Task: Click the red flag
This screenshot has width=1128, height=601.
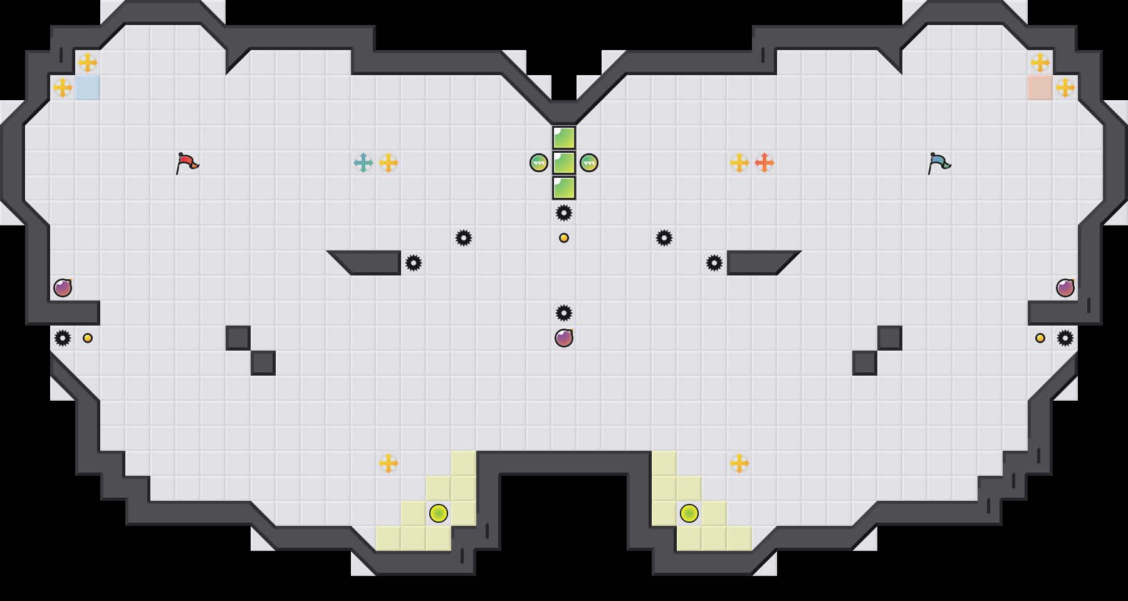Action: pos(187,163)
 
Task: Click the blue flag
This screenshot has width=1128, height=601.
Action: pos(939,163)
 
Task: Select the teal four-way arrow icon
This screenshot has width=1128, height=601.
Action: pos(363,163)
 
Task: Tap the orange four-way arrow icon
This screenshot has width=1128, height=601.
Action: pos(765,163)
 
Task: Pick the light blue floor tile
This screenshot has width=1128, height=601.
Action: pos(88,88)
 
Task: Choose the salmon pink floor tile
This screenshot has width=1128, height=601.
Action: pos(1040,88)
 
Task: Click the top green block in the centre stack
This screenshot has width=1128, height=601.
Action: pos(564,138)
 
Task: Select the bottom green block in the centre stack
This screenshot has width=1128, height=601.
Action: pos(564,188)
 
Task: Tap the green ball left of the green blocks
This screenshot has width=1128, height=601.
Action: pos(539,163)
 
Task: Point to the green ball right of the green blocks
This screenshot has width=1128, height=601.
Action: pos(589,163)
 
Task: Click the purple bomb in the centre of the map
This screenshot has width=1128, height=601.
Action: pos(564,338)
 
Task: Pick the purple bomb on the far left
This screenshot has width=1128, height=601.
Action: pos(63,288)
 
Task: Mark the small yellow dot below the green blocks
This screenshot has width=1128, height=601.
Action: pos(564,238)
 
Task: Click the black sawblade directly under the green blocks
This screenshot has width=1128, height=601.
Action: pos(564,213)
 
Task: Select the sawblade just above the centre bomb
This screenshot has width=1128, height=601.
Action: pos(564,313)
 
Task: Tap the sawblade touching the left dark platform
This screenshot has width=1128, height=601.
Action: pos(414,263)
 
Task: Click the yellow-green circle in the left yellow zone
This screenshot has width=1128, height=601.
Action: pos(439,513)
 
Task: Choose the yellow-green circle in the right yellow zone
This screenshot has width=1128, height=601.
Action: pos(689,513)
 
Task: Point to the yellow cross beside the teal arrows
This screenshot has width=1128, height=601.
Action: pos(389,163)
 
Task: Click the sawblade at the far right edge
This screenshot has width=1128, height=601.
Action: pos(1065,338)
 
